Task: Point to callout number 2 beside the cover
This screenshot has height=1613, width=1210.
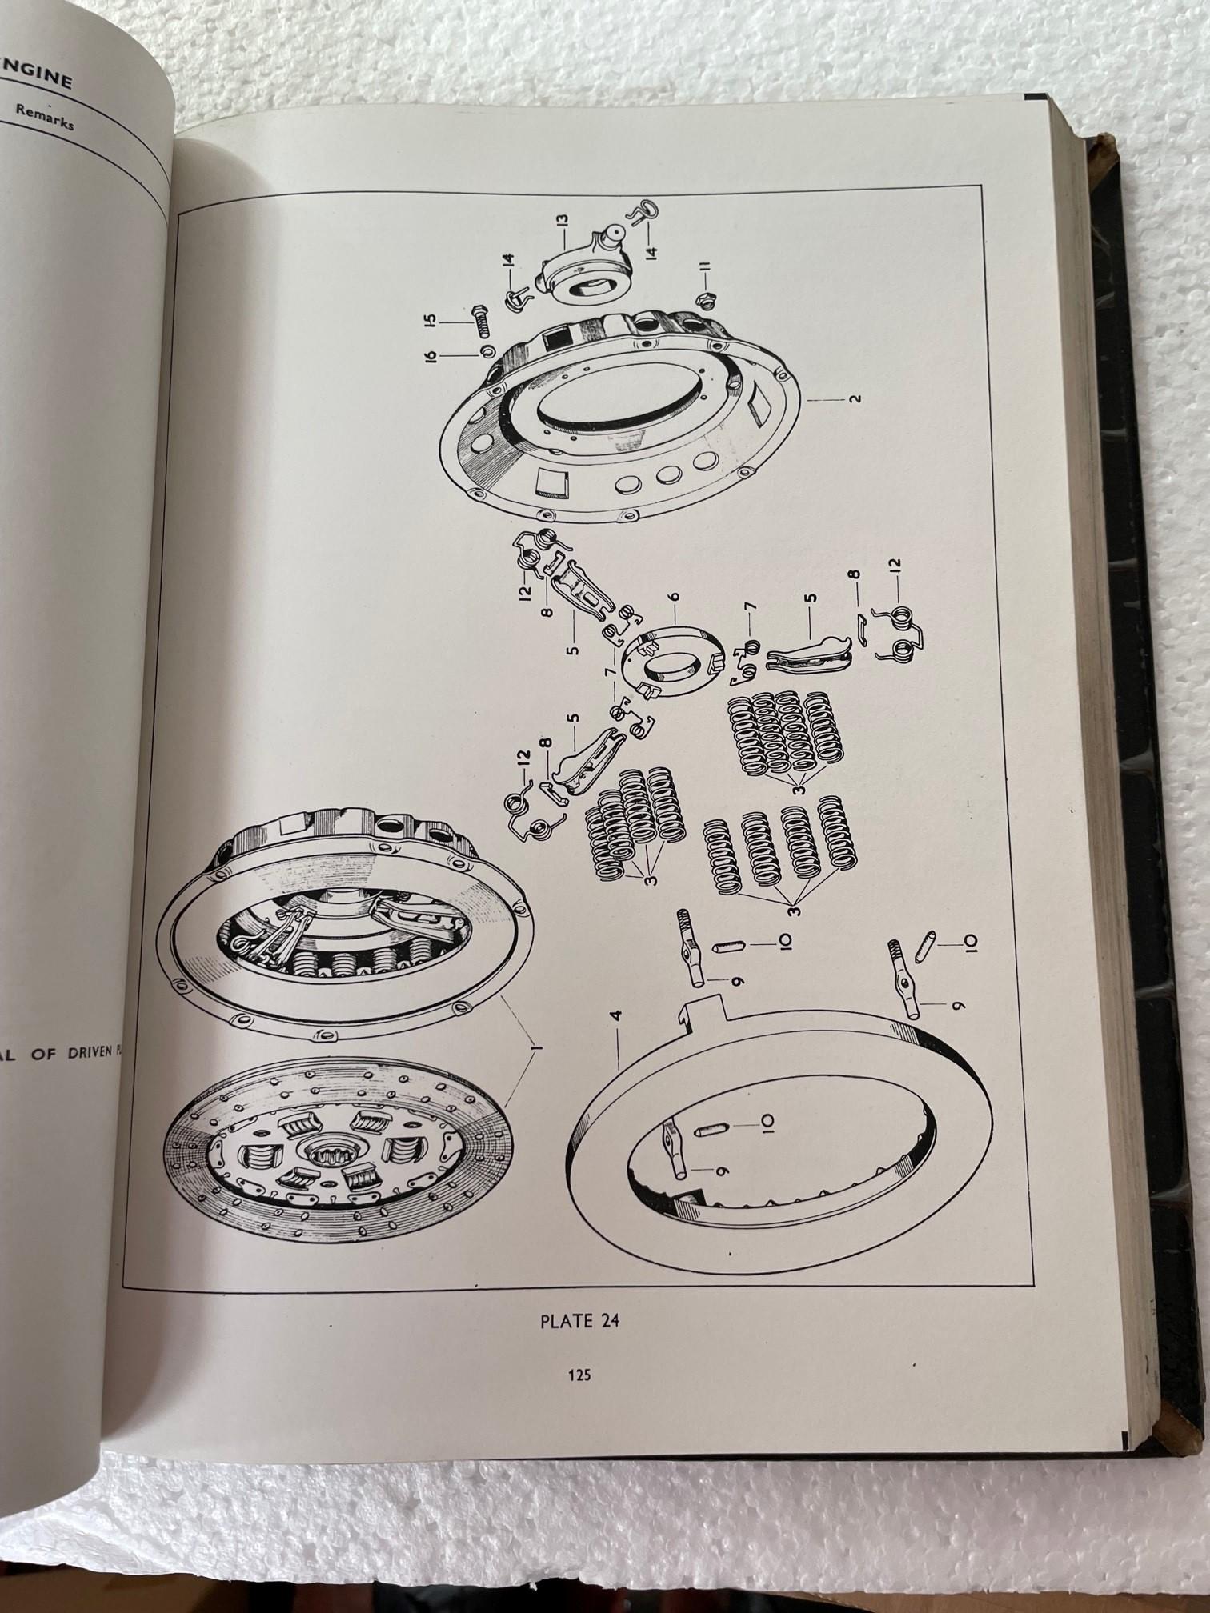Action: point(856,398)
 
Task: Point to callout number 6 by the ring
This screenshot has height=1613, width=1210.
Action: point(673,597)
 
